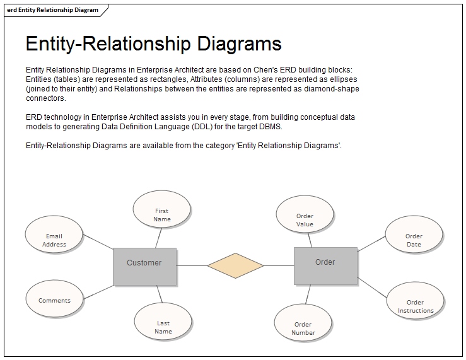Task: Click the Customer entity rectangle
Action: (x=144, y=266)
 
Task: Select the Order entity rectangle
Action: (x=325, y=265)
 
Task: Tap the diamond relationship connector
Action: (x=235, y=265)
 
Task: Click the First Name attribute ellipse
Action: (x=162, y=210)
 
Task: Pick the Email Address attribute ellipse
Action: (x=54, y=235)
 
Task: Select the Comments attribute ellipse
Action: (x=54, y=298)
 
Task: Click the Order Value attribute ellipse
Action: (x=305, y=214)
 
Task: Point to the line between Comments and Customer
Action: (x=98, y=292)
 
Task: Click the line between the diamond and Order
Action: (x=279, y=265)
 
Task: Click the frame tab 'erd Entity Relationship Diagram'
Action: (x=53, y=10)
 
